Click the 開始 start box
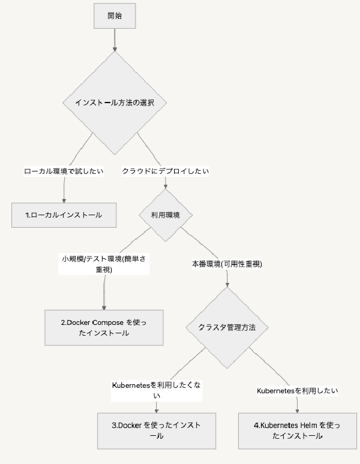pos(114,16)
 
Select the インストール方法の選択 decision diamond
pos(114,103)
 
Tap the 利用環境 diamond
pos(165,215)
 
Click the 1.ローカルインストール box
pos(64,215)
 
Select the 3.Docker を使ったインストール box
pos(156,430)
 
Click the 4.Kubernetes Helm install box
pos(296,430)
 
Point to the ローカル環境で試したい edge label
pos(64,171)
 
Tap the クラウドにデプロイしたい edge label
pos(166,171)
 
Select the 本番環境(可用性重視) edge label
pos(226,264)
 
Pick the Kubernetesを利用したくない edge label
pos(157,390)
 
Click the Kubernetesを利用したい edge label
pos(297,390)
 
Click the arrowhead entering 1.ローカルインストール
pos(64,200)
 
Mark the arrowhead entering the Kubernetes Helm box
pos(297,409)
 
